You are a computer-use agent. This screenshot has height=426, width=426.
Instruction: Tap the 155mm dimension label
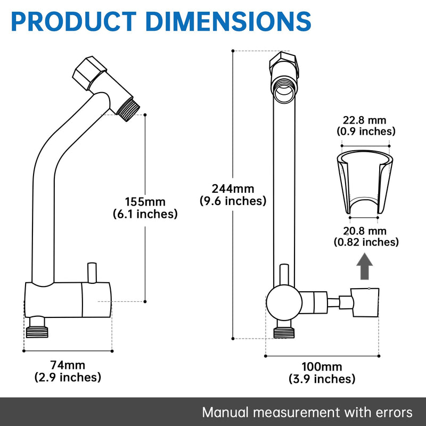click(x=145, y=202)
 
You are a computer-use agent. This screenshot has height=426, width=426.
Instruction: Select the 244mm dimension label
click(x=233, y=189)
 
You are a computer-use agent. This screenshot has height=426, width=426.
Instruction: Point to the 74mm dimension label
click(x=68, y=365)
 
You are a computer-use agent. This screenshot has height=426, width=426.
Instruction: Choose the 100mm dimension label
click(x=322, y=367)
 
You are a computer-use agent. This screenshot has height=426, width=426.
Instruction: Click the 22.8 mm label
click(x=365, y=120)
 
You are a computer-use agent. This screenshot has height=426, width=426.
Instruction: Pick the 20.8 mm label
click(x=365, y=231)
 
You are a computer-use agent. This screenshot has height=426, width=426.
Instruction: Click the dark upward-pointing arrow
click(x=364, y=266)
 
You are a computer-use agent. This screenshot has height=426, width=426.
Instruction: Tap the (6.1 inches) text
click(x=145, y=214)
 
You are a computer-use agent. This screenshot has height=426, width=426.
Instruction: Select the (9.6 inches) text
click(x=233, y=201)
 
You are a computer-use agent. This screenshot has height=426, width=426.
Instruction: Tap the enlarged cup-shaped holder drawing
click(x=365, y=181)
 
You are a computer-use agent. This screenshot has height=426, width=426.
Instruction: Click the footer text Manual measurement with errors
click(x=307, y=412)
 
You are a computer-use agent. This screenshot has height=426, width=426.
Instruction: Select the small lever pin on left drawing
click(x=91, y=273)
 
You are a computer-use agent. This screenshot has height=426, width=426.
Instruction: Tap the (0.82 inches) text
click(x=366, y=242)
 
